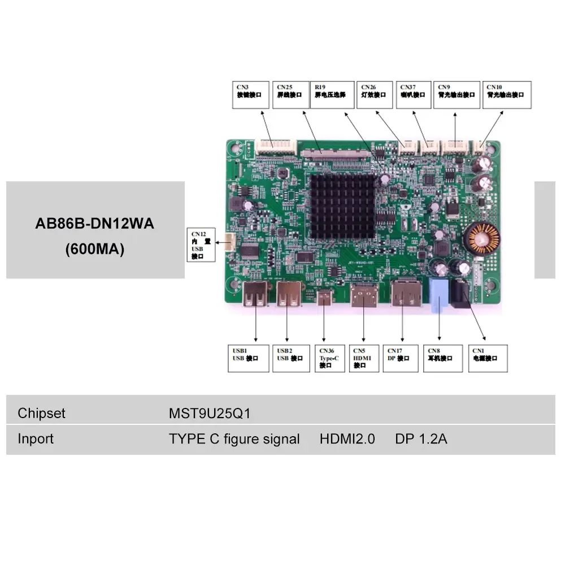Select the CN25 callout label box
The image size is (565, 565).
(290, 95)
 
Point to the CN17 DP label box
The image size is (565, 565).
(401, 358)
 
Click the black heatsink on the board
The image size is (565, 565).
(342, 206)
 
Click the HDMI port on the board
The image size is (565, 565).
(364, 295)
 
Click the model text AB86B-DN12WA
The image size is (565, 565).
(95, 224)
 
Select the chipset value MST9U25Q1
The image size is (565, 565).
(209, 414)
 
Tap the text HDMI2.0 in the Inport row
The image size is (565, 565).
(347, 439)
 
